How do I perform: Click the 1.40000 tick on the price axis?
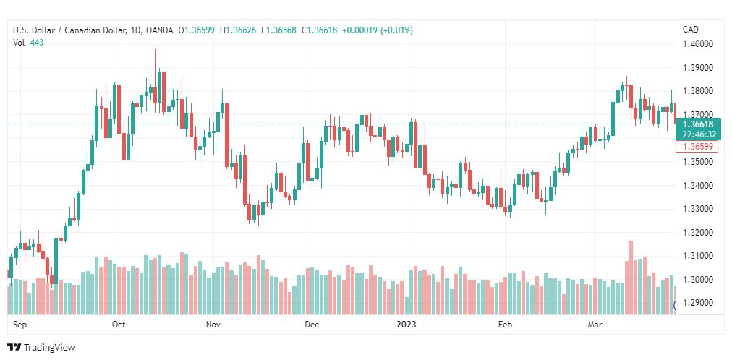point(698,44)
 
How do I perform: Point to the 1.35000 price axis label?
point(698,162)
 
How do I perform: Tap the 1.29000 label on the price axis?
point(698,303)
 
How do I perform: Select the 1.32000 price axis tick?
point(698,233)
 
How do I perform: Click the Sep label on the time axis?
point(19,325)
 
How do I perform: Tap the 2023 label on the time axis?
point(406,325)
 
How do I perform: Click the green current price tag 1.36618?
point(698,124)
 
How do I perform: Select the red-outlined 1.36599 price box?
point(697,147)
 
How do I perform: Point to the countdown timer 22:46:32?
point(699,134)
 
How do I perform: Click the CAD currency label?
point(691,30)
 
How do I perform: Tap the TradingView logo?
point(41,348)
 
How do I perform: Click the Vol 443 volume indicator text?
point(28,43)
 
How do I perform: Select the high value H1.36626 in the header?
point(239,30)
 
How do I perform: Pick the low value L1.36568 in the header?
point(278,30)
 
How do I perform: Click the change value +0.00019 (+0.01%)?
point(378,30)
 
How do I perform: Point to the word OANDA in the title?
point(158,30)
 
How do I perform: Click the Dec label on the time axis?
point(311,325)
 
